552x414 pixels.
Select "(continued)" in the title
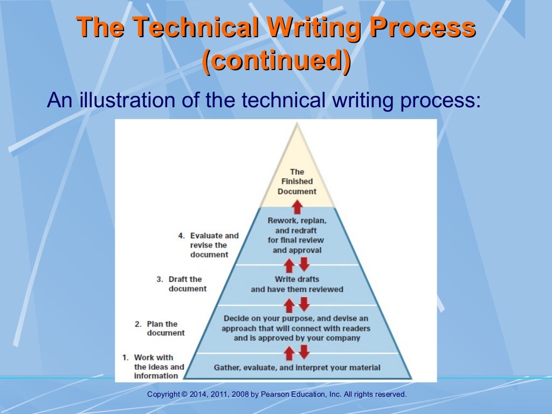(275, 61)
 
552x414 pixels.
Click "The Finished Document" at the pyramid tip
(297, 182)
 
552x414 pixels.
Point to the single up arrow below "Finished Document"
(297, 206)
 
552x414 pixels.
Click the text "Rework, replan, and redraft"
(297, 226)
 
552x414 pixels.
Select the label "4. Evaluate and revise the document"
(209, 245)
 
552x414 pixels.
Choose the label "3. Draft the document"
(182, 284)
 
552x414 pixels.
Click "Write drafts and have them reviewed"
(297, 284)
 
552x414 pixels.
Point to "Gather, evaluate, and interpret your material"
(297, 368)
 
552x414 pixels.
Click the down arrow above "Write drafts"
(304, 264)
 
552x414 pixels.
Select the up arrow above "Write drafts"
(289, 265)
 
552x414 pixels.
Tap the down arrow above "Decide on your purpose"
(304, 305)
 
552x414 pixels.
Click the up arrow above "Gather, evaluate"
(289, 353)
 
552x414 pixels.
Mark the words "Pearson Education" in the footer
(293, 395)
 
